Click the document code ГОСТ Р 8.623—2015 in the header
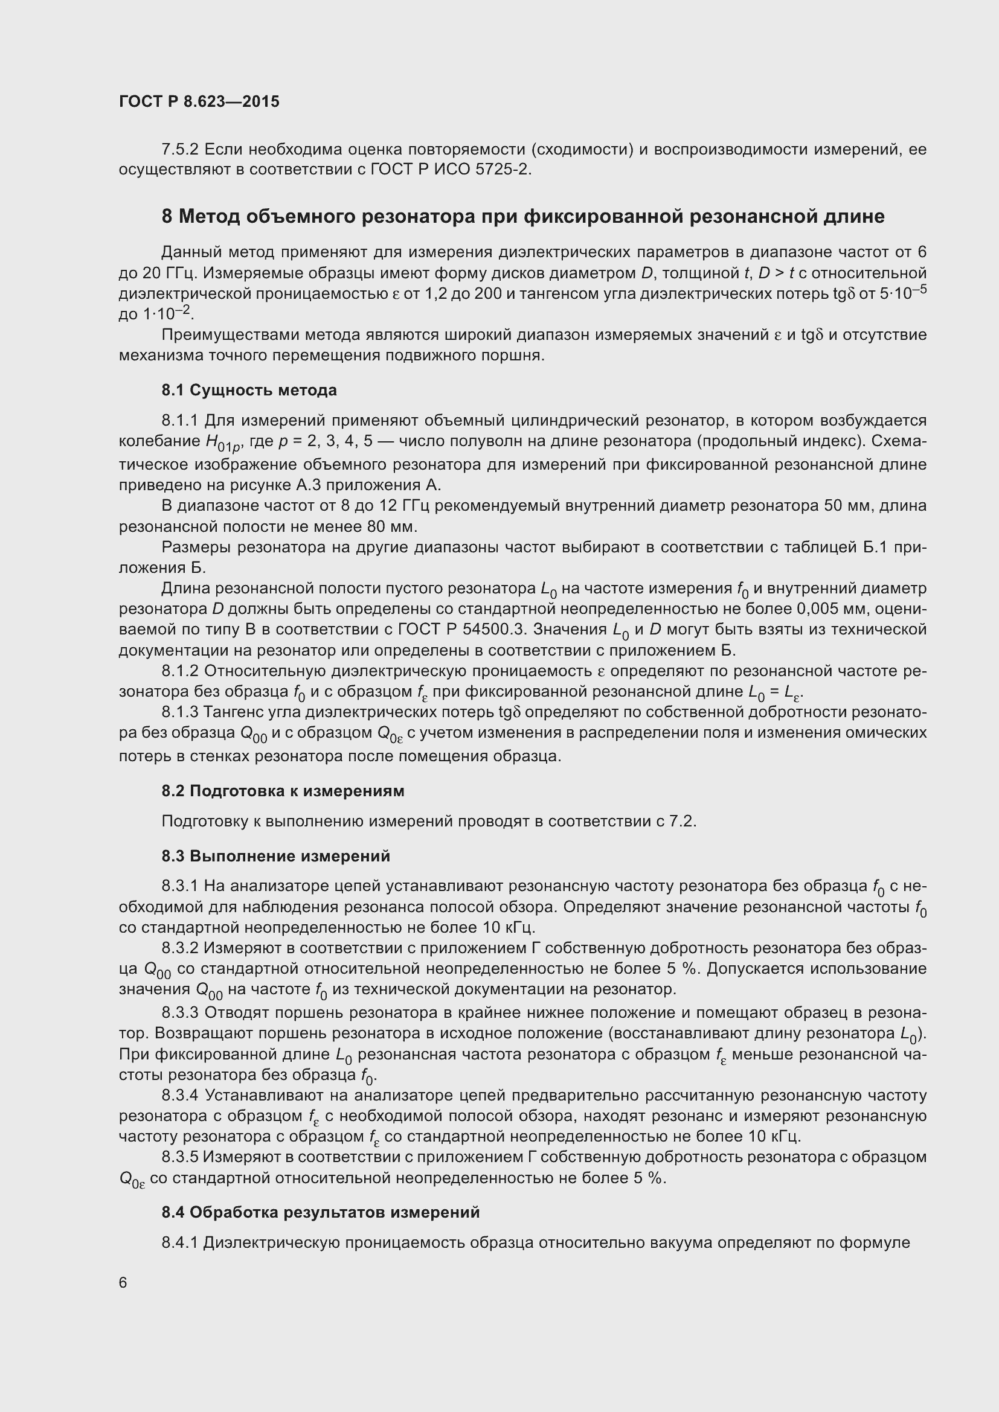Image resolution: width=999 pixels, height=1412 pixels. pos(199,102)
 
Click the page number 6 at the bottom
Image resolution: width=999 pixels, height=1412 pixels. pos(123,1283)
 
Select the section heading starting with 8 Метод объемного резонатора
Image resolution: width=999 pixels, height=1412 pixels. pos(522,217)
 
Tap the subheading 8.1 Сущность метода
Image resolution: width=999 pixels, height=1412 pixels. pos(249,391)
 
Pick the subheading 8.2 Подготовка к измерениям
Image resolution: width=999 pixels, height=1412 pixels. pos(283,791)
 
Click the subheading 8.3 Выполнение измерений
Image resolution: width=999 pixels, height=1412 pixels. pos(275,856)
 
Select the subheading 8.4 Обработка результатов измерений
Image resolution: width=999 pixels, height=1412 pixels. pos(321,1212)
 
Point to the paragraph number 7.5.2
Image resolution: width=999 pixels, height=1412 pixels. pos(179,150)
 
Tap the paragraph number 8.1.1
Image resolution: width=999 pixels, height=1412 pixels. pos(179,421)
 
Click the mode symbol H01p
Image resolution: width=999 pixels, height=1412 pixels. pos(220,442)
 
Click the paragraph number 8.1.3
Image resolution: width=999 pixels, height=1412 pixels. pos(179,712)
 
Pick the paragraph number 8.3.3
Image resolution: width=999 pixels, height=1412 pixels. pos(179,1013)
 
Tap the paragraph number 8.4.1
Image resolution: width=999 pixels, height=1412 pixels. pos(179,1243)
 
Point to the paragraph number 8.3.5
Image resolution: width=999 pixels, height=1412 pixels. pos(179,1157)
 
